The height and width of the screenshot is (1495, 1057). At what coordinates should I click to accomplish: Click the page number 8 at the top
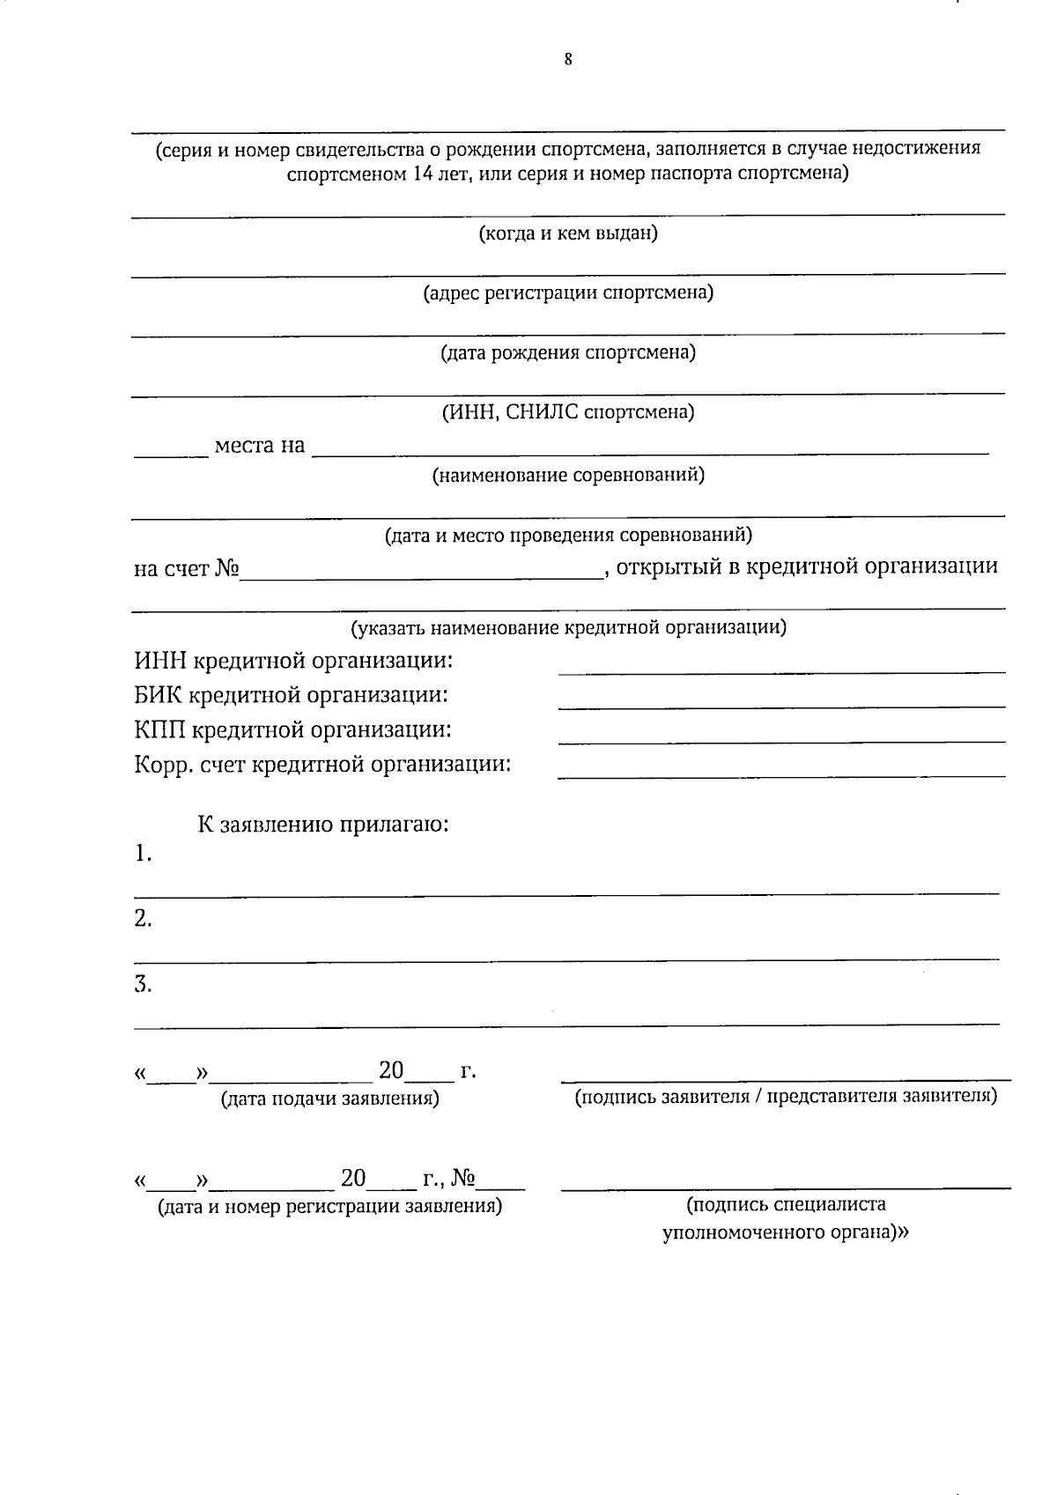(568, 60)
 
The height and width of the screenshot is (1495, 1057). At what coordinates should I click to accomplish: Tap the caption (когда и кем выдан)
(568, 234)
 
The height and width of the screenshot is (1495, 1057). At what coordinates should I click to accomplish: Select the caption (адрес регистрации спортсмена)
(568, 292)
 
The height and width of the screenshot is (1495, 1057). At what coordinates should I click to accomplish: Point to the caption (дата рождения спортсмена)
(568, 353)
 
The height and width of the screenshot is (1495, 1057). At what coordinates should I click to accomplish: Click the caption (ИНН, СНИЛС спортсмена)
(568, 412)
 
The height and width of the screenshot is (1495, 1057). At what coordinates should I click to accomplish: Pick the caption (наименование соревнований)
(568, 476)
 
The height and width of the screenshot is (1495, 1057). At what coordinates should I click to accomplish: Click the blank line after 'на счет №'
(421, 576)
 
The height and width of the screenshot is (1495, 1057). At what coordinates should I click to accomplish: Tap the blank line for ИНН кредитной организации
(781, 671)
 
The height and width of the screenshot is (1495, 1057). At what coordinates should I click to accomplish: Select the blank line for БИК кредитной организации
(781, 706)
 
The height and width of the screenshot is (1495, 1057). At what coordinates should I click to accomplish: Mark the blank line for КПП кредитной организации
(781, 741)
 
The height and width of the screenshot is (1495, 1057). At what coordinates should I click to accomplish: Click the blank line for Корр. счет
(781, 775)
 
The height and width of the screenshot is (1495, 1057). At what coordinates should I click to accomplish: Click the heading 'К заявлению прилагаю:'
(322, 825)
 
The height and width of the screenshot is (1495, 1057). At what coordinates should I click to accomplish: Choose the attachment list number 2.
(143, 920)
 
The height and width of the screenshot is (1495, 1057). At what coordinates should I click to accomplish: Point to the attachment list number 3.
(143, 985)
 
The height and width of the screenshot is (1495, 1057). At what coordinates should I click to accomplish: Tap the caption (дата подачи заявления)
(329, 1099)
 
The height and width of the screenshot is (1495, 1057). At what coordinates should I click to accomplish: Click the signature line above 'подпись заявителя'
(786, 1078)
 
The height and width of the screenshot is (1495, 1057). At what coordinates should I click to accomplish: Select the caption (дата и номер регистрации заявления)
(329, 1206)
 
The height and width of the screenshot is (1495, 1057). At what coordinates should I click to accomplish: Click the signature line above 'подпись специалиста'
(786, 1188)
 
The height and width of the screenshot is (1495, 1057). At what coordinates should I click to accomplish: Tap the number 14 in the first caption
(423, 174)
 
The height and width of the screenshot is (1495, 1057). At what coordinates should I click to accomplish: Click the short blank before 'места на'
(171, 455)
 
